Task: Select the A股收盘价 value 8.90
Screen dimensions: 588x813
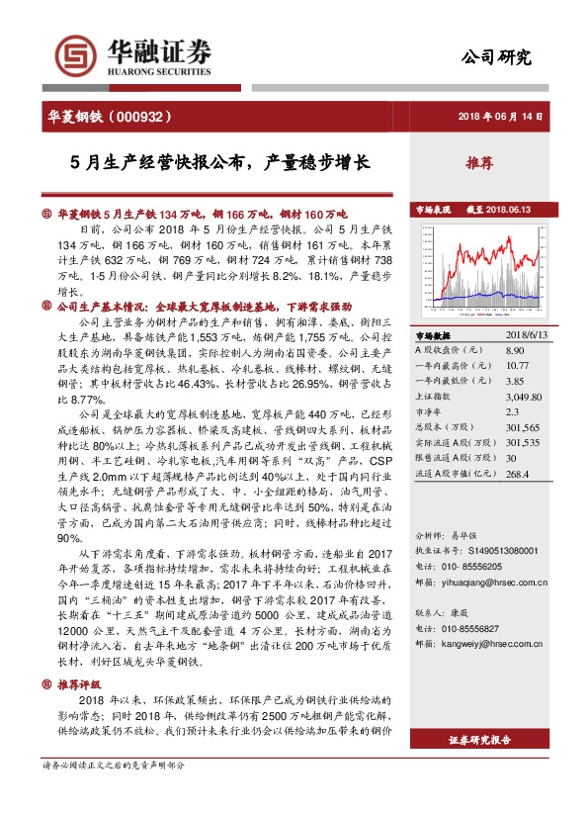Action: [514, 351]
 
